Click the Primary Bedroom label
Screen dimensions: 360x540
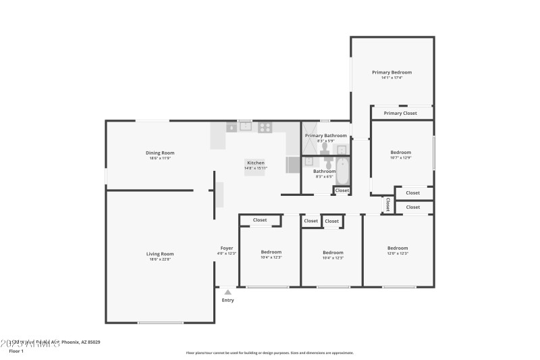(391, 72)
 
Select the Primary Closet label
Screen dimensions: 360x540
(400, 113)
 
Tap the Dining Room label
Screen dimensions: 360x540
(160, 153)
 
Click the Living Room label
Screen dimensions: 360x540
(160, 254)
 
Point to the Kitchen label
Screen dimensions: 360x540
(255, 163)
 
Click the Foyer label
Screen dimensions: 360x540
(227, 248)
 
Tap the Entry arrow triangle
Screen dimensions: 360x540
(228, 292)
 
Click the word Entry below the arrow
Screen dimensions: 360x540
(228, 300)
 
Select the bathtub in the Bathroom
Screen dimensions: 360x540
(342, 172)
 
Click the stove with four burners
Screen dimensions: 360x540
(265, 126)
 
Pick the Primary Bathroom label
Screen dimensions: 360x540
(325, 136)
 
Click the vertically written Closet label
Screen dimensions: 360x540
(387, 203)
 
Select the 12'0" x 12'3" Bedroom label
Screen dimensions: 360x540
(397, 248)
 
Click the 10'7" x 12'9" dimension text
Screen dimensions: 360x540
(400, 158)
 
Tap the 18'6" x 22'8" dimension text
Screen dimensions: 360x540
(160, 259)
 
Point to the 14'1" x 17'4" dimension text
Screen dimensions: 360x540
(391, 78)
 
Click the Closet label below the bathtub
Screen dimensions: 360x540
(342, 190)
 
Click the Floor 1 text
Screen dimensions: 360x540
(16, 351)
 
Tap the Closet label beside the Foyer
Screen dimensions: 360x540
(260, 220)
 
